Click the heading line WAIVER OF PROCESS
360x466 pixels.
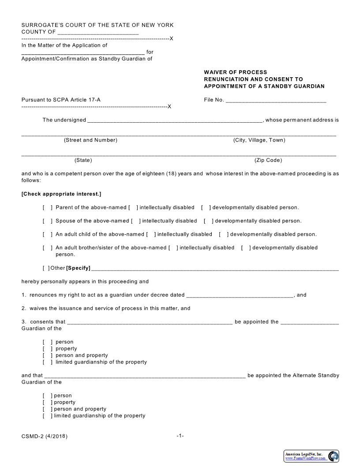pos(235,72)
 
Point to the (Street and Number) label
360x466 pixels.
pos(90,140)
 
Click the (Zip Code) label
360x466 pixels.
pos(268,160)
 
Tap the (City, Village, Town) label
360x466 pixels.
pos(259,140)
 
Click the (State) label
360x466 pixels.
pos(83,160)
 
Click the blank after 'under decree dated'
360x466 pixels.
pos(240,295)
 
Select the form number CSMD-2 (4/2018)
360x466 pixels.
pos(45,436)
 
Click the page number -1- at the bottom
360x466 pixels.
pos(180,436)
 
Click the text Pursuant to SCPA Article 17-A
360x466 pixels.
pos(61,100)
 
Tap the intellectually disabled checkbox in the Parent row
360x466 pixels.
pos(133,207)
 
